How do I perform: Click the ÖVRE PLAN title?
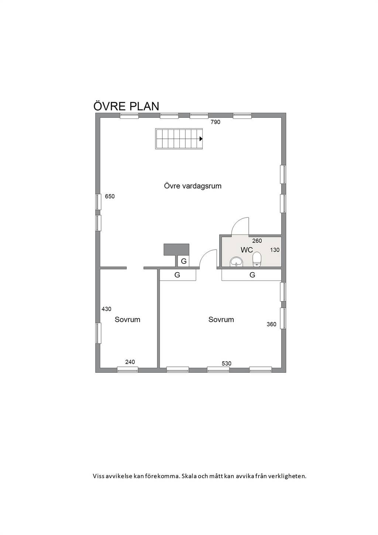126,106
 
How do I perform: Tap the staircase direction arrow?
201,139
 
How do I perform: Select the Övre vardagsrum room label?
193,186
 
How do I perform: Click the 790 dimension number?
215,122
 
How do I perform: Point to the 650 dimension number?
110,196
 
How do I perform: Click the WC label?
247,250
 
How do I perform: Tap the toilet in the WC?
257,259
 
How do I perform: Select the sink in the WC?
236,262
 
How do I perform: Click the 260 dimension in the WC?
257,241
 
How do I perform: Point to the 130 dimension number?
275,250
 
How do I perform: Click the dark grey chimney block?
176,249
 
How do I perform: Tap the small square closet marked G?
183,261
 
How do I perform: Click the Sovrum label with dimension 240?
127,320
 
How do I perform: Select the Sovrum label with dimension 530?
221,320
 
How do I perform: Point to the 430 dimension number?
106,309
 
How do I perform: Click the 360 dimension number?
272,324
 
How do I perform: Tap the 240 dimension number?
130,362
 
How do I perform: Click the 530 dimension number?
226,364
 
